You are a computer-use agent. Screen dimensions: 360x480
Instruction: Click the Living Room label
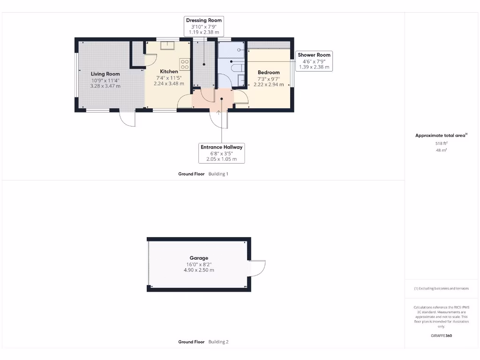(x=105, y=74)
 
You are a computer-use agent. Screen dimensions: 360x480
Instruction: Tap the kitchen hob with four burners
(x=185, y=64)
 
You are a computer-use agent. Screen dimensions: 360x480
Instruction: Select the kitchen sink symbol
(x=167, y=45)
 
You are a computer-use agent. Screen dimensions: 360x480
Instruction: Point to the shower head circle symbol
(x=239, y=49)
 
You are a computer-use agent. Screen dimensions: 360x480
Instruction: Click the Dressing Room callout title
(x=204, y=20)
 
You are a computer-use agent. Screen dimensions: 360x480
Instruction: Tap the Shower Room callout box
(x=314, y=61)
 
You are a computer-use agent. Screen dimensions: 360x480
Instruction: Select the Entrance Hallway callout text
(x=222, y=147)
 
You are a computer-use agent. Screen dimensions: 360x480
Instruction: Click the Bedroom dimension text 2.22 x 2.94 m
(x=269, y=85)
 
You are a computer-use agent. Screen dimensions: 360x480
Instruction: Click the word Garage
(x=199, y=258)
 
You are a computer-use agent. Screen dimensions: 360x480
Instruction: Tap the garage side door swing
(x=257, y=268)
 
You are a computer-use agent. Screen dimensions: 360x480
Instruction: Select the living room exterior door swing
(x=127, y=119)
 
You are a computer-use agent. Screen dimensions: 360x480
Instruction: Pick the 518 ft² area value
(x=441, y=143)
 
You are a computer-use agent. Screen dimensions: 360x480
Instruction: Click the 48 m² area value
(x=441, y=150)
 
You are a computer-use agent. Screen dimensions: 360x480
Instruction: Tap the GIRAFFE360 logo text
(x=441, y=336)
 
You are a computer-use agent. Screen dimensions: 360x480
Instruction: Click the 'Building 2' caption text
(x=218, y=342)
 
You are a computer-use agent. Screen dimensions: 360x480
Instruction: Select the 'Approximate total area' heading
(x=441, y=135)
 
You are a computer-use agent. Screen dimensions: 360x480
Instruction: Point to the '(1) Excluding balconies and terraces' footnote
(x=441, y=288)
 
